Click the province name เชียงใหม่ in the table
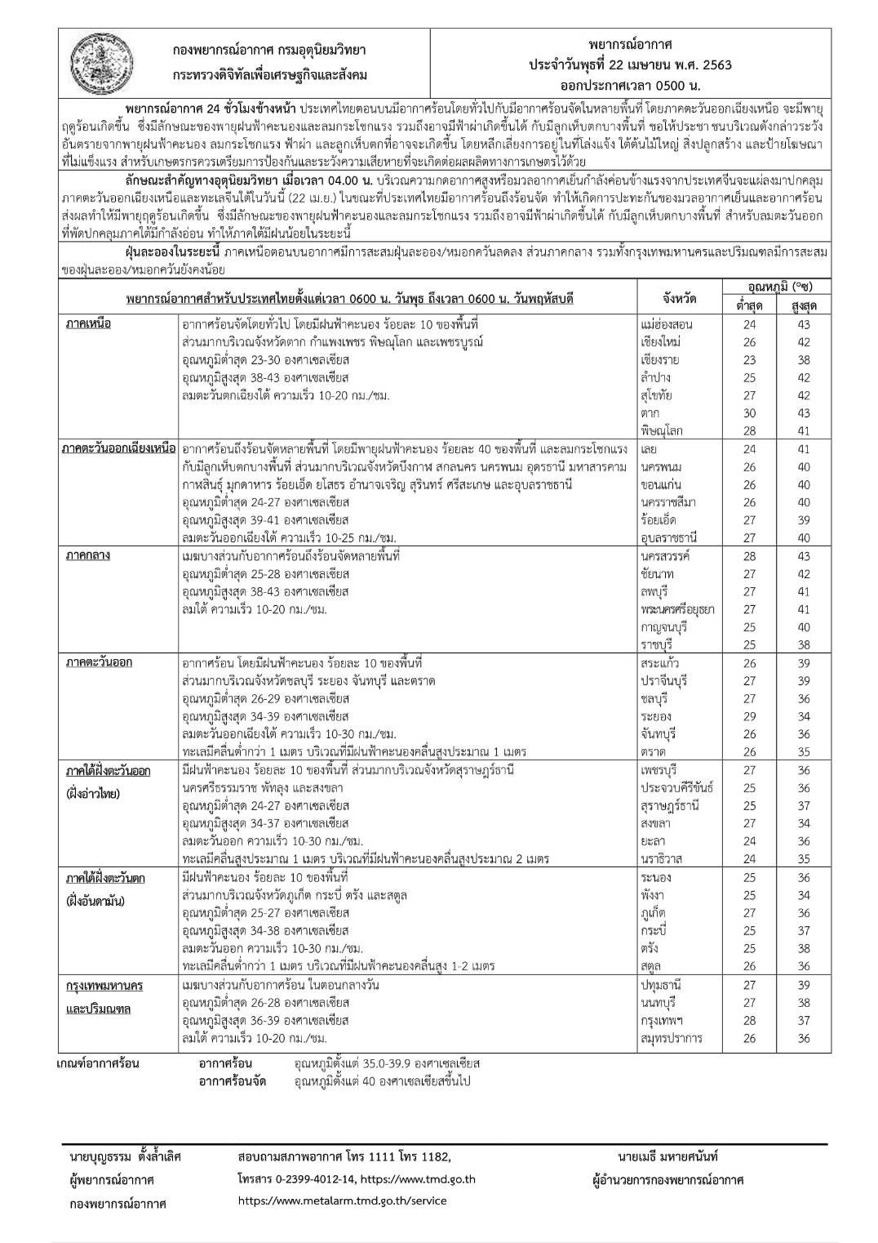[662, 341]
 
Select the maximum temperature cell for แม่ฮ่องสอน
[803, 323]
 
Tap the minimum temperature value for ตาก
[749, 413]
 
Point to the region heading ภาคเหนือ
[89, 323]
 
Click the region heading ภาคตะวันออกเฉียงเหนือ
[119, 449]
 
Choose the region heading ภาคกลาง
[89, 556]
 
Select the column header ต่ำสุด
[749, 305]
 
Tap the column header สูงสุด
[803, 305]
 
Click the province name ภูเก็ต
[658, 913]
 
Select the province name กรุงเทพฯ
[663, 1021]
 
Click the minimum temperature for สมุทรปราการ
[749, 1039]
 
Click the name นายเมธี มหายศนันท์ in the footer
[668, 1156]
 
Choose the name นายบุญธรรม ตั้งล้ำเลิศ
[126, 1156]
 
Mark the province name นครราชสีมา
[668, 502]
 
